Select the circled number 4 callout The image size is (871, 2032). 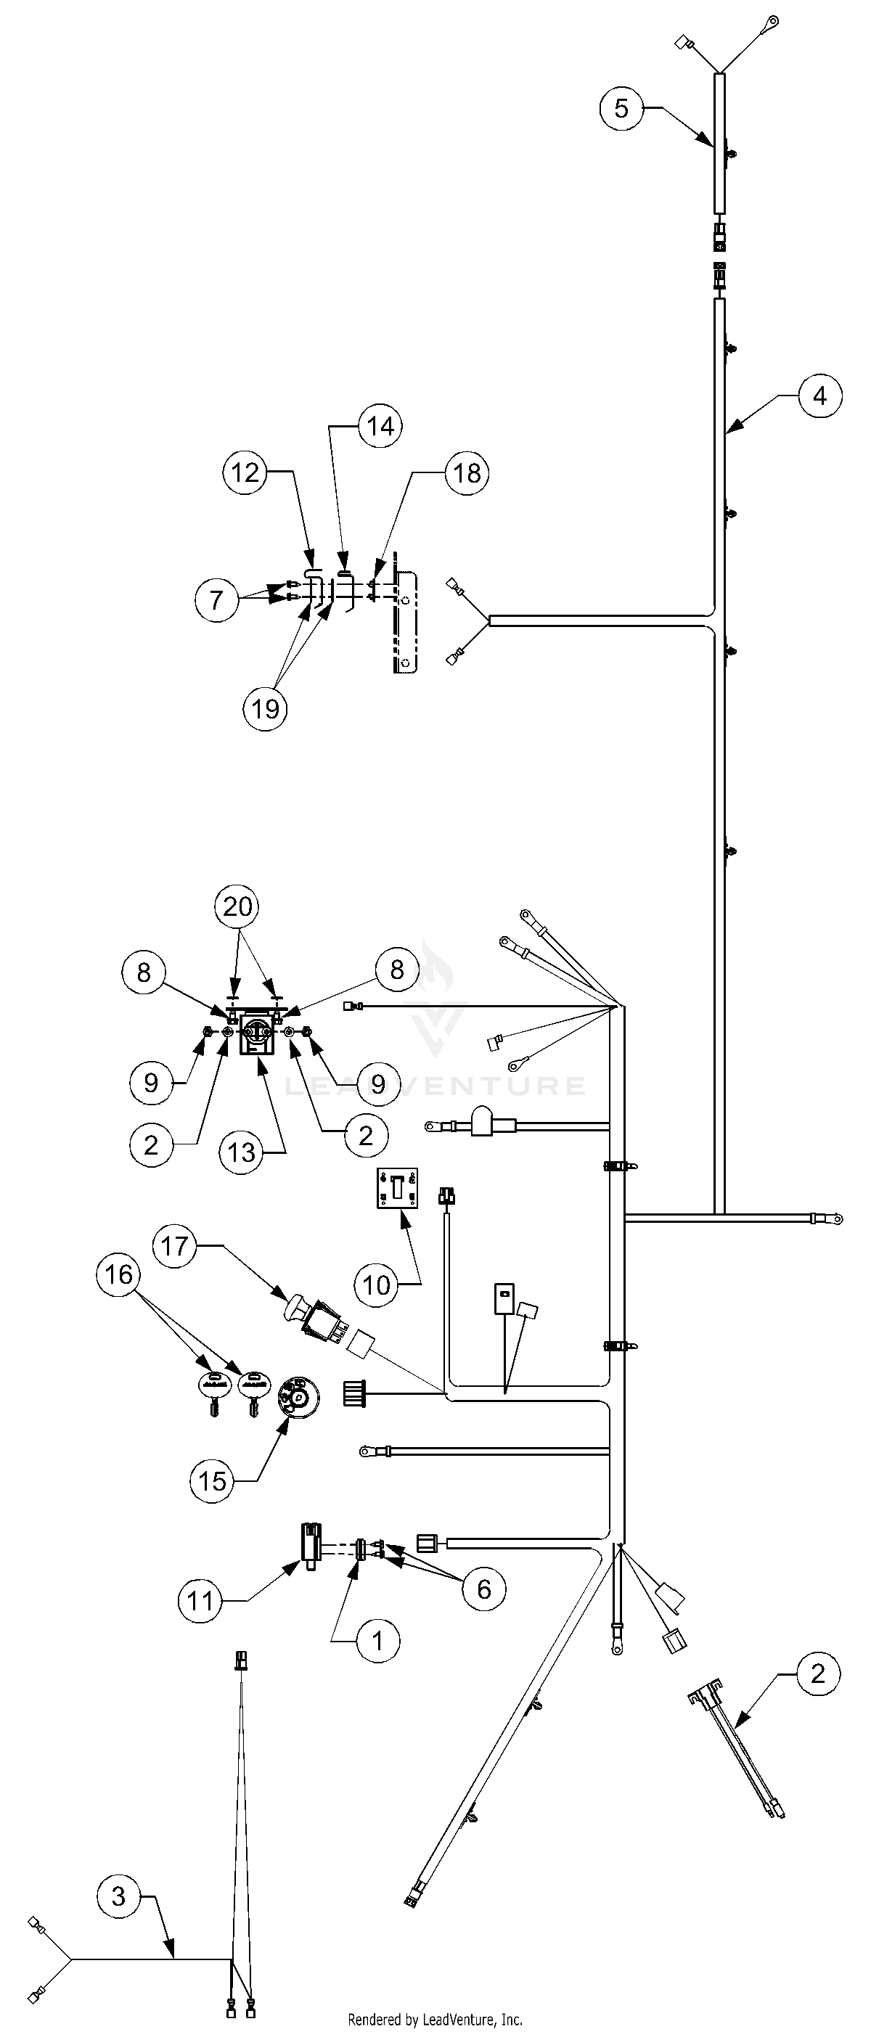(x=819, y=396)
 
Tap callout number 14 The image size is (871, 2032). (x=380, y=426)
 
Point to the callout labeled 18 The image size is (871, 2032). (x=467, y=472)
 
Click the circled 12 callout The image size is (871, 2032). (x=245, y=472)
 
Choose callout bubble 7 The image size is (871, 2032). (x=217, y=600)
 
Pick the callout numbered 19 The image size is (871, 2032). (x=265, y=708)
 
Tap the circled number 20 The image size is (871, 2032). (x=237, y=906)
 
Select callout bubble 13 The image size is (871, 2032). (x=242, y=1152)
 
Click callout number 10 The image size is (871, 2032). (x=376, y=1285)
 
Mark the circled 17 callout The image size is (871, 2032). (x=174, y=1245)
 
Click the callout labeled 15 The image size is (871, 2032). (x=212, y=1480)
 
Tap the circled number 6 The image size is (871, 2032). (x=483, y=1589)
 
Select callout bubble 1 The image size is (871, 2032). (x=377, y=1642)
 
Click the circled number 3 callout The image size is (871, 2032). (x=118, y=1896)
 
